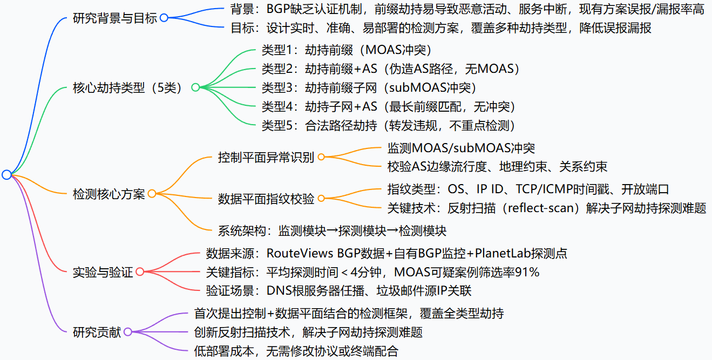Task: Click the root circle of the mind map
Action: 6,174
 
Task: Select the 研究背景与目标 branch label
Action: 114,18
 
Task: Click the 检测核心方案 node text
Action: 109,194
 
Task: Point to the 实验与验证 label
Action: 103,272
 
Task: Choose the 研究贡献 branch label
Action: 97,332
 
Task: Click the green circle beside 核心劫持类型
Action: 195,87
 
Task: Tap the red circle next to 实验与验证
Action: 140,272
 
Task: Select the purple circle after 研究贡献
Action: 128,332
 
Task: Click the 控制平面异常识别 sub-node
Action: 266,157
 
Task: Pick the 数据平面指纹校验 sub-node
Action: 266,199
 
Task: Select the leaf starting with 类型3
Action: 369,87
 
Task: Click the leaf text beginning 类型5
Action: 389,125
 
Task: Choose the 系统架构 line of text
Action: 332,231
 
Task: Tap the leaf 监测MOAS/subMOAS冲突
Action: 461,147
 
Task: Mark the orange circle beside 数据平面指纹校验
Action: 321,199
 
